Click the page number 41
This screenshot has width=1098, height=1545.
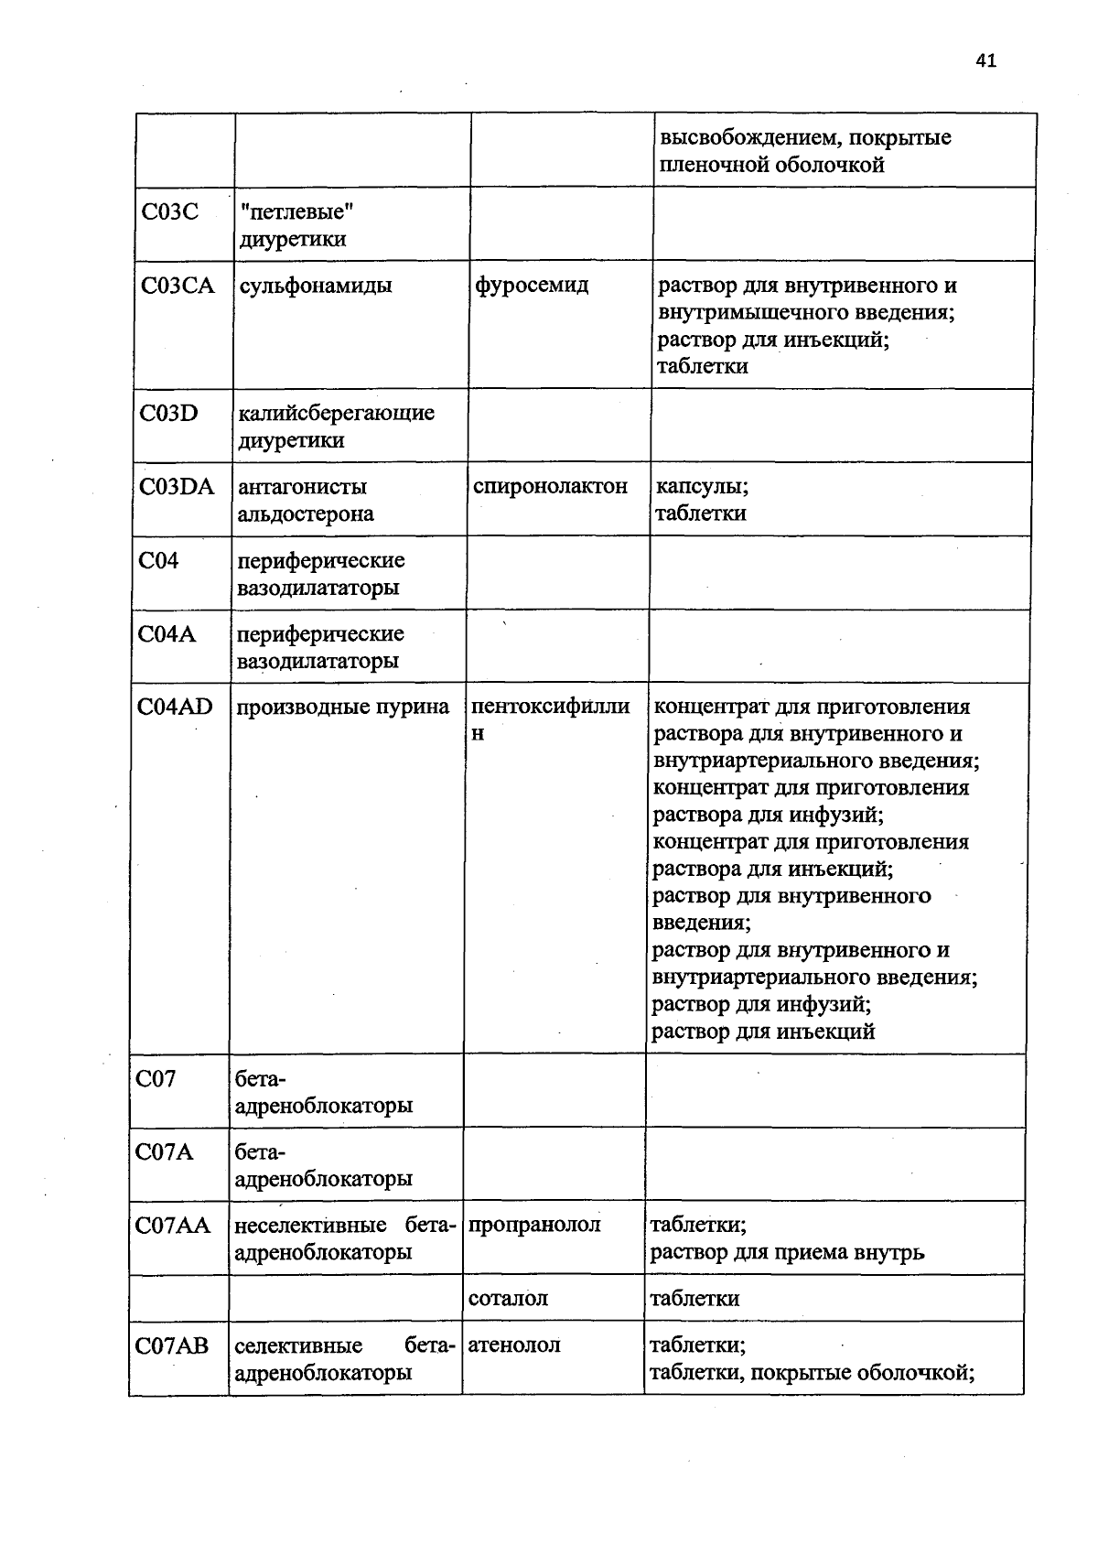pos(985,61)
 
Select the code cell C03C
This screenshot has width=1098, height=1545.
pos(170,212)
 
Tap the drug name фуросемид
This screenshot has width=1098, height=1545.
pos(532,286)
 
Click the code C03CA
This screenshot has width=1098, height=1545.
pos(178,286)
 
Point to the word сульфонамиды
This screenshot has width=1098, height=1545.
pos(316,286)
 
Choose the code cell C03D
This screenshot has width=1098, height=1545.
pos(169,413)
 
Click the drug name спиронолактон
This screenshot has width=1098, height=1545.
pos(551,486)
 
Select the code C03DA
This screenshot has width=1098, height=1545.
pos(178,486)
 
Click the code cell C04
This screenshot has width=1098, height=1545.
pos(159,560)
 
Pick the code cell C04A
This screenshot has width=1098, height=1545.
pos(167,633)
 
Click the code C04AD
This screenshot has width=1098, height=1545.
pos(175,707)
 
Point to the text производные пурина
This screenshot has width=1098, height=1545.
pos(343,707)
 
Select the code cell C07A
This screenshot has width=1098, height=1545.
pos(165,1151)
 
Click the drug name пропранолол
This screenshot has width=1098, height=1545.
pos(534,1225)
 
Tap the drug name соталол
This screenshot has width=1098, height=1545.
pos(508,1298)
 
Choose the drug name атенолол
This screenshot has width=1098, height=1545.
pos(514,1345)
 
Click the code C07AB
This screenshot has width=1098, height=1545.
pos(172,1345)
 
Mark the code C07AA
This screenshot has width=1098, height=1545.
pos(173,1225)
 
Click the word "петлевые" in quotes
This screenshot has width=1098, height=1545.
pos(297,212)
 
